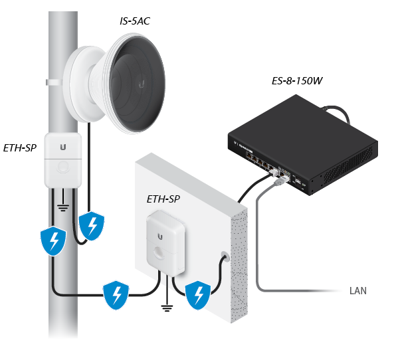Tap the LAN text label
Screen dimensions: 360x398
(x=357, y=291)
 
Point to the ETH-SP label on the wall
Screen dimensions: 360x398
(x=163, y=198)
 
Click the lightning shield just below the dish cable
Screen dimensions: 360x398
(x=91, y=226)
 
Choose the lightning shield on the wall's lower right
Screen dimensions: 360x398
(x=198, y=295)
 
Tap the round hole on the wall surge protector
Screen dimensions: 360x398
(x=163, y=254)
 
